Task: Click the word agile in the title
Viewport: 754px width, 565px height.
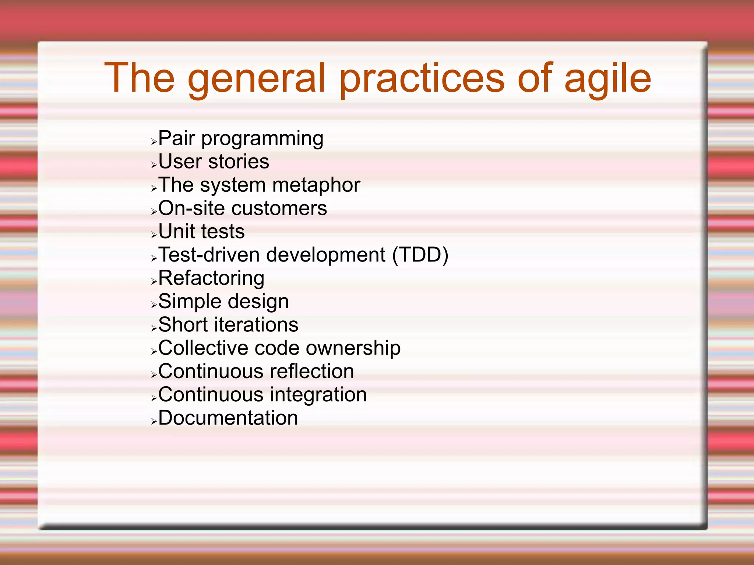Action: pos(607,78)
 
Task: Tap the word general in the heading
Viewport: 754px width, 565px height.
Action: pos(257,78)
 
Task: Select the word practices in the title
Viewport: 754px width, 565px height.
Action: pos(422,78)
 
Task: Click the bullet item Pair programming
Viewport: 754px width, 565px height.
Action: pos(241,139)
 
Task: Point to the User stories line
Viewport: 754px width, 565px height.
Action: pos(214,162)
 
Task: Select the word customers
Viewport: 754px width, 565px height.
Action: pos(279,209)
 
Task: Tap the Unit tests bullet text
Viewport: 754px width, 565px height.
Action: pos(201,232)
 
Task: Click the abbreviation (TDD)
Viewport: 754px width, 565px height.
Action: pos(420,255)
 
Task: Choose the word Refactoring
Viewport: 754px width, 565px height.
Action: pos(211,278)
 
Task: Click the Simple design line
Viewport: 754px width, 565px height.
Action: pos(223,302)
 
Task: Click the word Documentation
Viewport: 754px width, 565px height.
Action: pos(228,418)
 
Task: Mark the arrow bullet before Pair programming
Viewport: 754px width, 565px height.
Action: pos(154,142)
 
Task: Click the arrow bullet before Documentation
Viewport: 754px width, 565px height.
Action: pos(154,421)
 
